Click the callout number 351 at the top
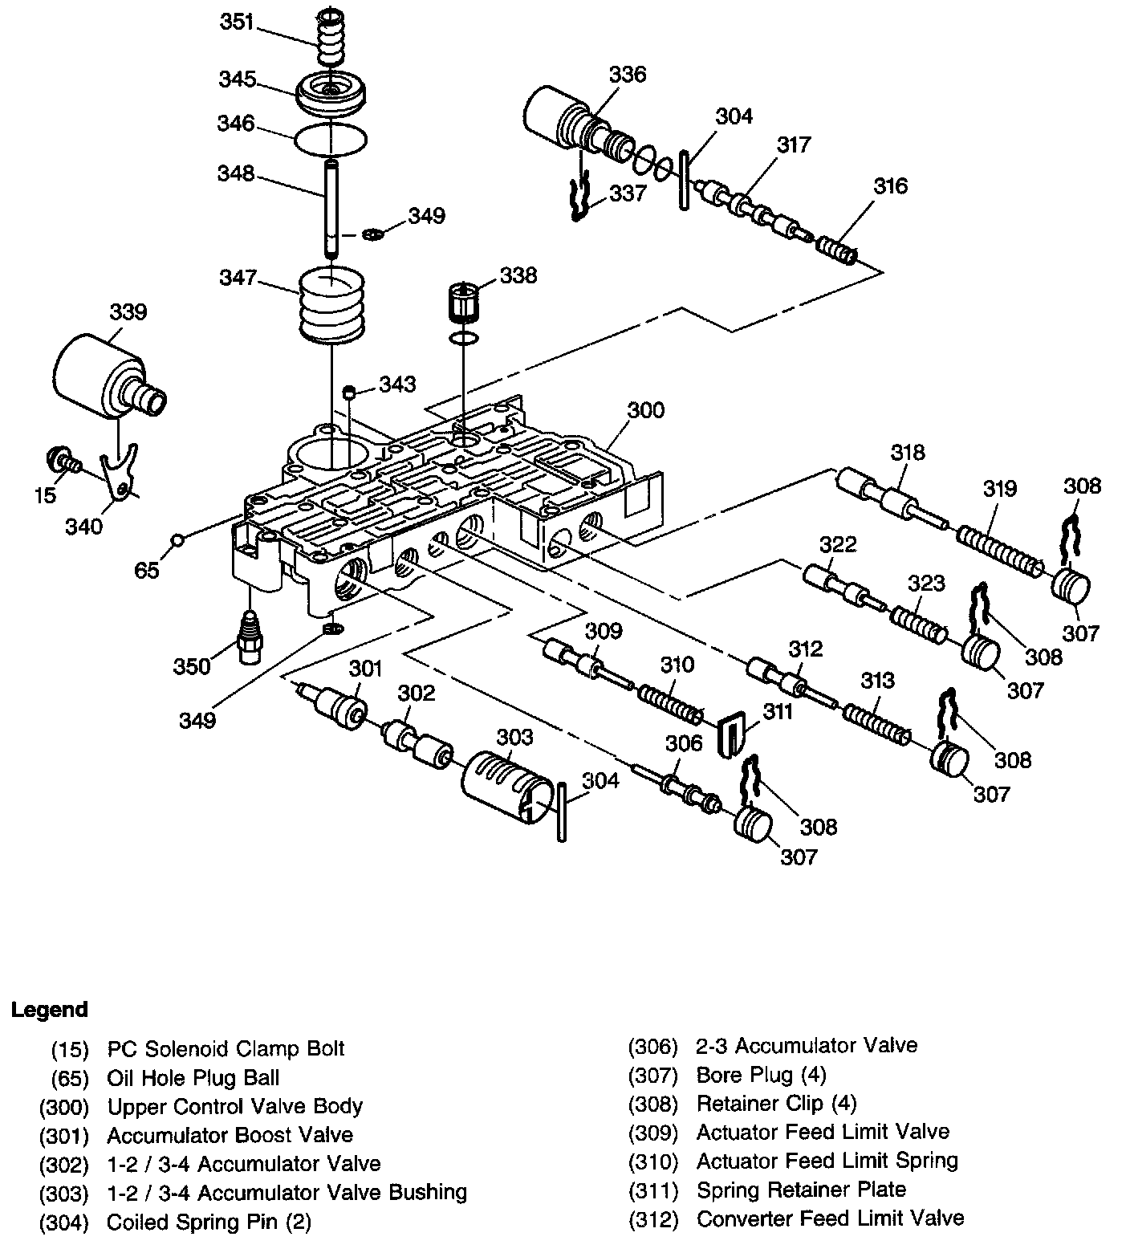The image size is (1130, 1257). [x=238, y=22]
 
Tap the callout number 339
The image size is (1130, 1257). [x=128, y=311]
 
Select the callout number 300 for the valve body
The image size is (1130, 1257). [x=645, y=410]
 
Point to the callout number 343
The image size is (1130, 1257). [x=398, y=384]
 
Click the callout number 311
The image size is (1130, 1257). [x=777, y=711]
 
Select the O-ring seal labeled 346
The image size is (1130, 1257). [x=331, y=140]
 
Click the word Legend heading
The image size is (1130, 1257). [x=50, y=1009]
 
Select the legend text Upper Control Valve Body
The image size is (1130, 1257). [x=234, y=1106]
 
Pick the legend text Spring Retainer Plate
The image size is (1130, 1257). [x=801, y=1190]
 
